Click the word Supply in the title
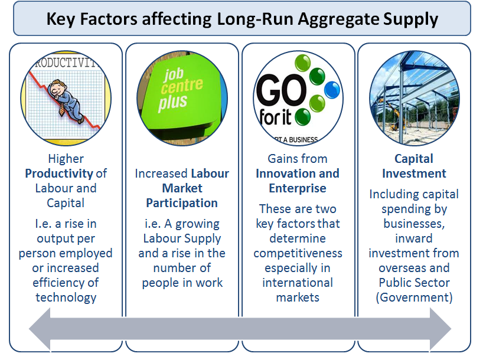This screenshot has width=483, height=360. (x=410, y=19)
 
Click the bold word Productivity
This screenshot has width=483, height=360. (x=59, y=174)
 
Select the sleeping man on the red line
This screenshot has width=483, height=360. (x=66, y=101)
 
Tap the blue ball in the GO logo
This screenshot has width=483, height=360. (x=332, y=90)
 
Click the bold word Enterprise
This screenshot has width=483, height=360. (x=298, y=188)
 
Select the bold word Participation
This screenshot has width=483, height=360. (x=182, y=203)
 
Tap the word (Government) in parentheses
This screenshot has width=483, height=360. (x=415, y=297)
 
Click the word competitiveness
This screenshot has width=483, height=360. (x=298, y=253)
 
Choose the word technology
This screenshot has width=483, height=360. (x=66, y=297)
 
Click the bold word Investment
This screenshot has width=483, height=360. (x=414, y=174)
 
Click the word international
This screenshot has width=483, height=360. (x=298, y=283)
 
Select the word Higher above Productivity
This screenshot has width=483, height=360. (x=66, y=159)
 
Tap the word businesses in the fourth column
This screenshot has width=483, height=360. (x=414, y=224)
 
